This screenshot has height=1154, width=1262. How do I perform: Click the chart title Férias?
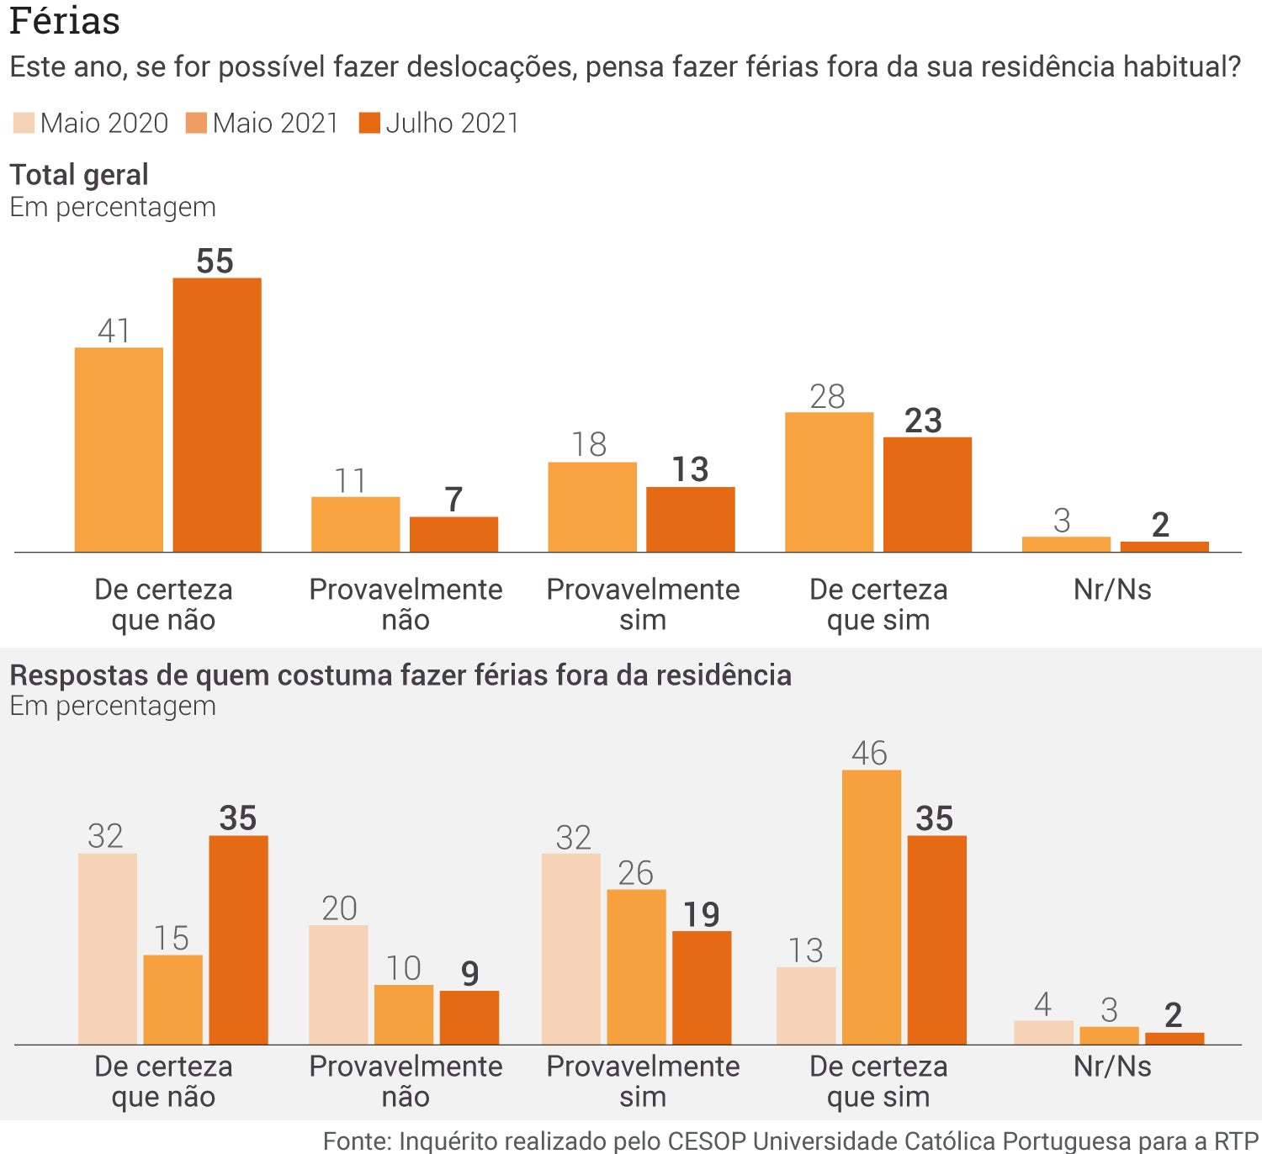[65, 21]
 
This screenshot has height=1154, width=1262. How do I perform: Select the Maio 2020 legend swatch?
[24, 124]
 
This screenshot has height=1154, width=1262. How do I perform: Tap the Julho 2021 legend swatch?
[369, 124]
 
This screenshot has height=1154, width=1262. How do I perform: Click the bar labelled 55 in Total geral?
[217, 415]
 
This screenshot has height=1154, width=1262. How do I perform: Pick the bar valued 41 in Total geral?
[119, 450]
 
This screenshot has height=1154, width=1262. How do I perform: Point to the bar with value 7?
[453, 535]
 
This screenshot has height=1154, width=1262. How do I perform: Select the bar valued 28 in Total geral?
[829, 482]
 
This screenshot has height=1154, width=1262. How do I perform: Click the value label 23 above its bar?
[923, 421]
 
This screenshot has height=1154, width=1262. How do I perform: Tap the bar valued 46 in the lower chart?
[872, 907]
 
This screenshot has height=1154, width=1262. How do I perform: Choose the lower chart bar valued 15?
[172, 999]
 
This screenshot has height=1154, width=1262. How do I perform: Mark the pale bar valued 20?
[338, 985]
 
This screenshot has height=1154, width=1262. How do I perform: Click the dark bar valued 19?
[702, 987]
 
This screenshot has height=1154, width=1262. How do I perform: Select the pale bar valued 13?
[806, 1006]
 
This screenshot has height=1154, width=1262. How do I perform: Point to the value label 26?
[635, 873]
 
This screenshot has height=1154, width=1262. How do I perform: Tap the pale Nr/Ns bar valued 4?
[1043, 1033]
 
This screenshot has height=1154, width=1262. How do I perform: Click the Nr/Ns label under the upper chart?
[1112, 590]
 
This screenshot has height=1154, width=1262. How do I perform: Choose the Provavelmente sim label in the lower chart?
[643, 1081]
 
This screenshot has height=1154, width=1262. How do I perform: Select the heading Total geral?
[79, 175]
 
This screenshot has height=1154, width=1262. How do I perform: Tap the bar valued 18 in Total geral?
[591, 507]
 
